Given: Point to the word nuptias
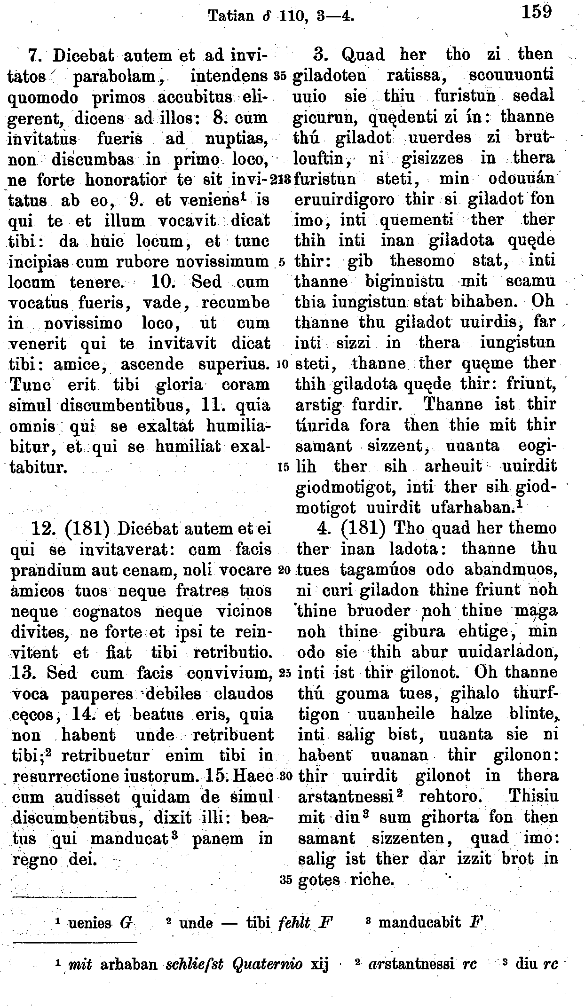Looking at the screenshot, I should tap(237, 138).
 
